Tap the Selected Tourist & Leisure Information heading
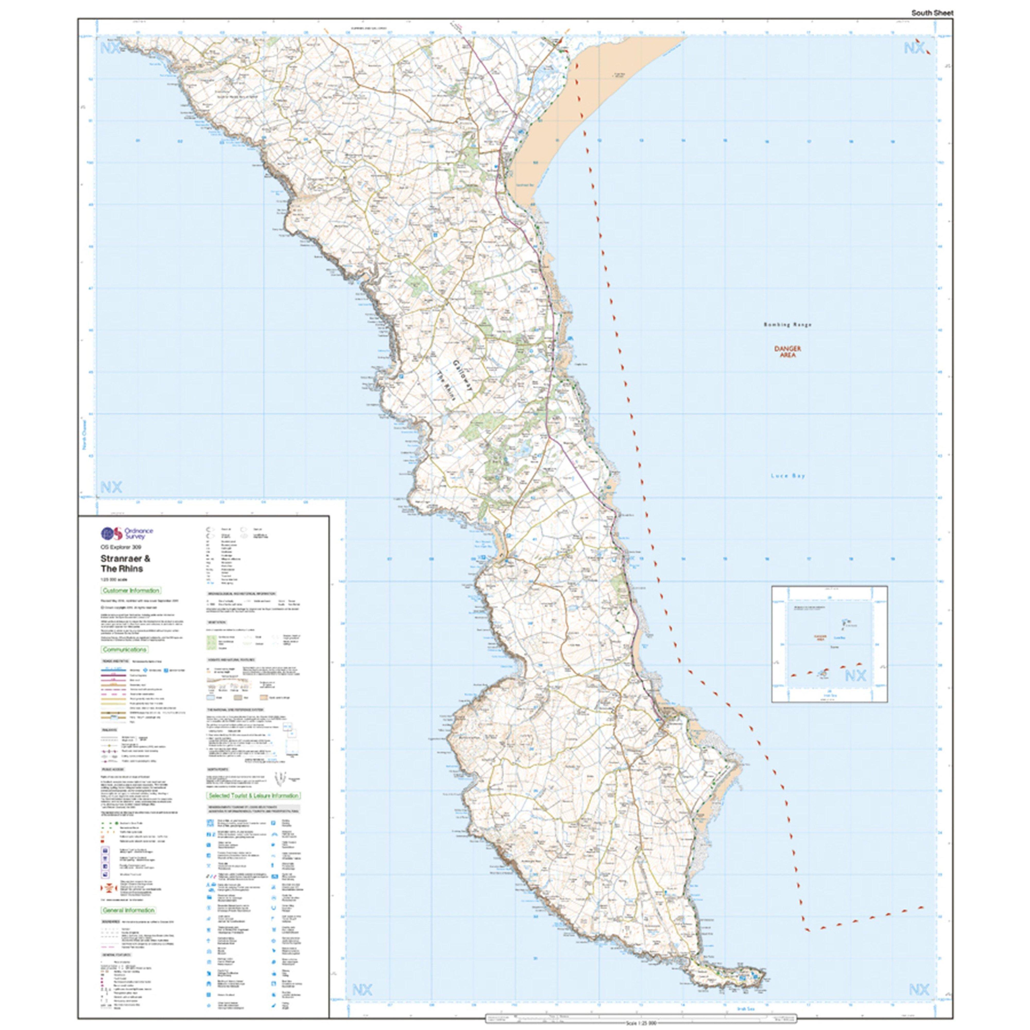(x=254, y=810)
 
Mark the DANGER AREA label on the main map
(x=787, y=352)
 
